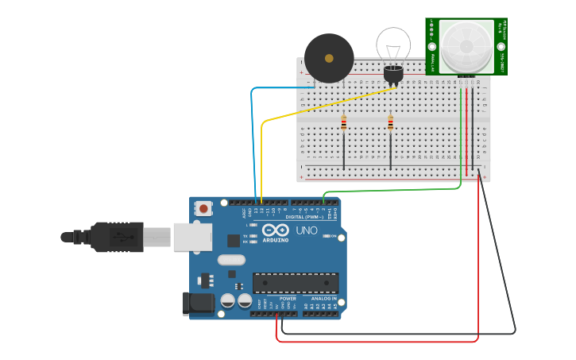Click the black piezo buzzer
tap(329, 57)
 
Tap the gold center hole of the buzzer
tap(329, 58)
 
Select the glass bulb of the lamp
tap(393, 45)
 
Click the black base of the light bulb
tap(393, 74)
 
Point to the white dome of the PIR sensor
tap(466, 46)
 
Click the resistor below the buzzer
tap(343, 123)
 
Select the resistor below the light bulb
tap(390, 123)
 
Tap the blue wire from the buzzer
tap(252, 135)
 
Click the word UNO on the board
tap(307, 230)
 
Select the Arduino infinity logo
tap(275, 230)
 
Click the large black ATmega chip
tap(295, 283)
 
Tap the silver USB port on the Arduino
tap(192, 236)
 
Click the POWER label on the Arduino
tap(287, 299)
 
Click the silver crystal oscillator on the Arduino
tap(230, 260)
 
